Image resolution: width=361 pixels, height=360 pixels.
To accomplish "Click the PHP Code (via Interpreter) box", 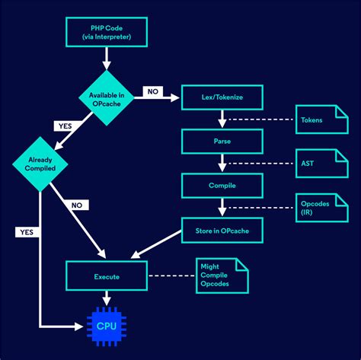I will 107,32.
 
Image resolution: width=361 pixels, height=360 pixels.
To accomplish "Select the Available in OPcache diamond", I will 107,97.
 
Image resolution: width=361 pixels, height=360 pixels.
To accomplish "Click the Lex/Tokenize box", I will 222,97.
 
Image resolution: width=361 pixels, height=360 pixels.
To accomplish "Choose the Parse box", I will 222,141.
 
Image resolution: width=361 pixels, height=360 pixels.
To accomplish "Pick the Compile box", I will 222,185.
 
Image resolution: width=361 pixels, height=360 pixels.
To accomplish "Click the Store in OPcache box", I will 222,230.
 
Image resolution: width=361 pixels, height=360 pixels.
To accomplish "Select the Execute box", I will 107,276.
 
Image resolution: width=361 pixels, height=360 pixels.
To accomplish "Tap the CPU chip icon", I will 107,326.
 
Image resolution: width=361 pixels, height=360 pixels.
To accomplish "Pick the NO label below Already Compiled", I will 77,205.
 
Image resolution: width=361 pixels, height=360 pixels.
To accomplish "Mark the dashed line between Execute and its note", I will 170,276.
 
